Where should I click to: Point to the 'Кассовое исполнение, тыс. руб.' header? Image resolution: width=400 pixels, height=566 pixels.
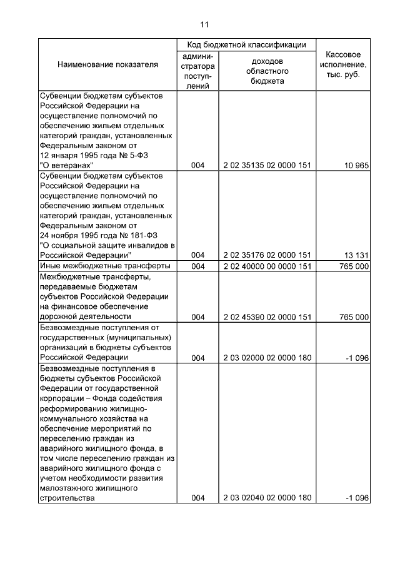click(343, 64)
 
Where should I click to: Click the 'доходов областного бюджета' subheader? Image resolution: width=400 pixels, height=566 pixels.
click(267, 71)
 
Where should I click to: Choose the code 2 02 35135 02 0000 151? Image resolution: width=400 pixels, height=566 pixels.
click(267, 166)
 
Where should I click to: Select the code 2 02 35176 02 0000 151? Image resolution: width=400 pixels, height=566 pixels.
click(267, 255)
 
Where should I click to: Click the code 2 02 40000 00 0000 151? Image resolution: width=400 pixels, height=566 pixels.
click(267, 266)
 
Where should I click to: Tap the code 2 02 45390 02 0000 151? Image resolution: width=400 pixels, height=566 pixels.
click(267, 317)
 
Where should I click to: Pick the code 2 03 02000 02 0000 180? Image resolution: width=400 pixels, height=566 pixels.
click(267, 358)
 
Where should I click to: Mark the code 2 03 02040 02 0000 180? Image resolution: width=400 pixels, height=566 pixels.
click(267, 498)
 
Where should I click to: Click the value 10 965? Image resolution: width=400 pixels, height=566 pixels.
click(356, 166)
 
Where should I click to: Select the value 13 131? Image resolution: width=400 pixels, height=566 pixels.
click(356, 255)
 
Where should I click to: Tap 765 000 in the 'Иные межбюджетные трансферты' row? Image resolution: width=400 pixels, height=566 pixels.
click(354, 266)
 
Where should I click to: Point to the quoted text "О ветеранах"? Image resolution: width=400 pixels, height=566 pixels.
click(67, 166)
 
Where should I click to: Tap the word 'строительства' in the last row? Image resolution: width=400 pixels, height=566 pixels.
click(67, 498)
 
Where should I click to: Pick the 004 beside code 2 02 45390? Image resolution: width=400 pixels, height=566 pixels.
click(198, 317)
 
